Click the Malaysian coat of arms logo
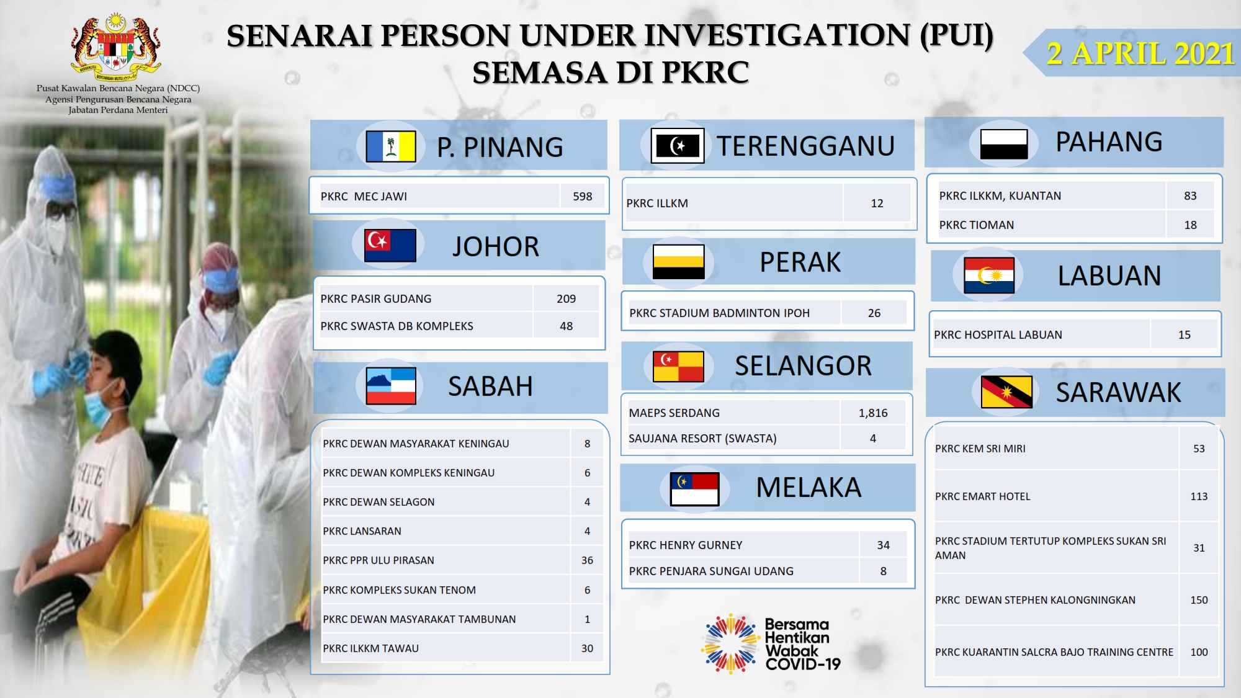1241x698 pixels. pyautogui.click(x=116, y=47)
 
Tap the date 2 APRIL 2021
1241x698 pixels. pyautogui.click(x=1140, y=53)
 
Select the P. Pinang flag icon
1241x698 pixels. pyautogui.click(x=391, y=146)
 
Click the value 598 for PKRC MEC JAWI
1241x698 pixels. pyautogui.click(x=582, y=196)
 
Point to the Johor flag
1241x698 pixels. pyautogui.click(x=390, y=245)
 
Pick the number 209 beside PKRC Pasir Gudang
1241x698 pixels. pyautogui.click(x=566, y=298)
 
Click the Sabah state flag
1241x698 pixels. pyautogui.click(x=391, y=386)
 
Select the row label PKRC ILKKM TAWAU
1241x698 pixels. pyautogui.click(x=370, y=648)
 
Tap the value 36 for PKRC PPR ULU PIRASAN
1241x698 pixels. pyautogui.click(x=587, y=560)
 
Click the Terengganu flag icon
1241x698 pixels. pyautogui.click(x=678, y=146)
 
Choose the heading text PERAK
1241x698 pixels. pyautogui.click(x=800, y=262)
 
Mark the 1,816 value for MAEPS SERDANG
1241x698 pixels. pyautogui.click(x=873, y=413)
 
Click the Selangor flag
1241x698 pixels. pyautogui.click(x=678, y=366)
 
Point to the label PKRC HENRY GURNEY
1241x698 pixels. pyautogui.click(x=686, y=545)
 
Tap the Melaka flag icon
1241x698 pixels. pyautogui.click(x=694, y=489)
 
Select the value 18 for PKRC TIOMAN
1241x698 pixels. pyautogui.click(x=1190, y=225)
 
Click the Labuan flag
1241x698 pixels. pyautogui.click(x=989, y=275)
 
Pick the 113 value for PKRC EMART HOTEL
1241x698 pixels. pyautogui.click(x=1199, y=496)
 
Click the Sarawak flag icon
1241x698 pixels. pyautogui.click(x=1006, y=392)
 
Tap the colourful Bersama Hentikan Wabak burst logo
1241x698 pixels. pyautogui.click(x=731, y=644)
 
